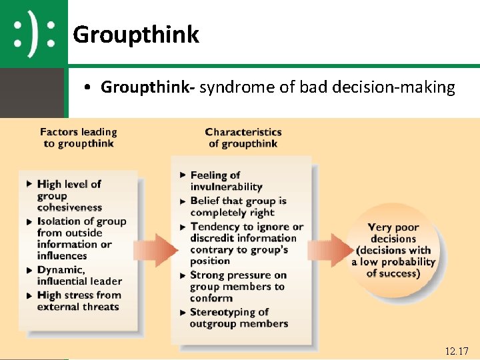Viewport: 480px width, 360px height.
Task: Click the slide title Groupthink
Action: [136, 34]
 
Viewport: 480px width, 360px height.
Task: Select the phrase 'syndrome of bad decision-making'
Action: [327, 87]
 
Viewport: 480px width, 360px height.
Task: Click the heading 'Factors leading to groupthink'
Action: [78, 137]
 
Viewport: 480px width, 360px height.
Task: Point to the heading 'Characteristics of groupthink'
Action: [243, 137]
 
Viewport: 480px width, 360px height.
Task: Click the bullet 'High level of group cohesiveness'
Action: [69, 195]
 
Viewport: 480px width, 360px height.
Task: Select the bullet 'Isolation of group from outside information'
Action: [81, 238]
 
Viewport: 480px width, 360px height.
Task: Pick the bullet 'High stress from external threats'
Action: [79, 301]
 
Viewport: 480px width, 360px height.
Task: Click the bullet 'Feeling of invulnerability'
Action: [225, 181]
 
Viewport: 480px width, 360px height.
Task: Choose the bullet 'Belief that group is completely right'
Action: [237, 206]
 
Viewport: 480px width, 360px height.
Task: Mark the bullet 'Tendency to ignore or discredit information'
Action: [246, 243]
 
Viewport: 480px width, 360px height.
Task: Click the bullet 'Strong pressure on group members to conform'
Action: [237, 286]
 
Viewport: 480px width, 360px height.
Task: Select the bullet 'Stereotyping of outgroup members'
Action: [238, 318]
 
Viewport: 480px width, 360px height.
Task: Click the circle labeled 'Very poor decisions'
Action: [393, 250]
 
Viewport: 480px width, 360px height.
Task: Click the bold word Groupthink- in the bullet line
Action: [147, 87]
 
